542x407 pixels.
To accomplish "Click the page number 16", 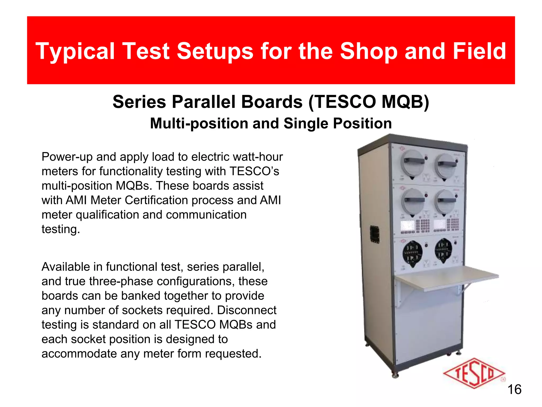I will point(514,390).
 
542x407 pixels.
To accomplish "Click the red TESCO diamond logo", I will point(474,374).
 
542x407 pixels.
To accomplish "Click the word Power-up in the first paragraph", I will point(67,157).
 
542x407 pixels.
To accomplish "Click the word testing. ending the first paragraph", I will point(61,229).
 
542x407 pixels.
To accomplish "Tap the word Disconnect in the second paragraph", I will point(247,310).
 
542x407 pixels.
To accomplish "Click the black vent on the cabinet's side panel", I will point(374,234).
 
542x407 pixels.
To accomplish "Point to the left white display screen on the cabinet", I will point(408,225).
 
